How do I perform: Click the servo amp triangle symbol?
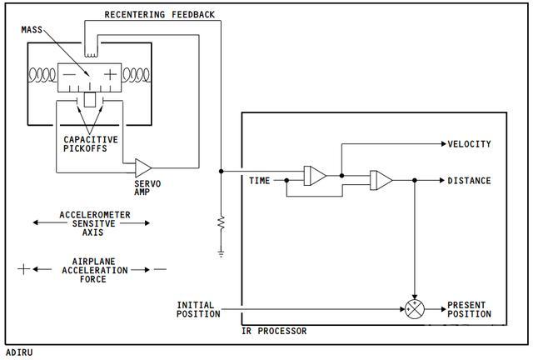[142, 167]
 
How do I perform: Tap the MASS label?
[32, 30]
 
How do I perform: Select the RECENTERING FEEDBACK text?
[159, 15]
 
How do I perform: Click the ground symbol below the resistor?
[222, 253]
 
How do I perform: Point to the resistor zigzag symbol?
[222, 222]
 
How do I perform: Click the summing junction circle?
[415, 309]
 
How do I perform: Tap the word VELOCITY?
[469, 144]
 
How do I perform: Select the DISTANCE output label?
[469, 181]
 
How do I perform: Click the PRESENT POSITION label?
[469, 309]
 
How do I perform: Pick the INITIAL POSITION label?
[198, 309]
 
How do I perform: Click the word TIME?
[259, 181]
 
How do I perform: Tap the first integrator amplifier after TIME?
[315, 176]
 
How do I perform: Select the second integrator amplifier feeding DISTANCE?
[381, 180]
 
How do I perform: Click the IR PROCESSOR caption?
[274, 331]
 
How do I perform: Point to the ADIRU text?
[19, 352]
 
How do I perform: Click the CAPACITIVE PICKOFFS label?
[91, 144]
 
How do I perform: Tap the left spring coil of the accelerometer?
[42, 75]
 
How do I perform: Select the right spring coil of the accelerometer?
[136, 75]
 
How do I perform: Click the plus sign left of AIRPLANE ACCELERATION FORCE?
[24, 269]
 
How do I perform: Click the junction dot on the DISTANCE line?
[415, 180]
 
